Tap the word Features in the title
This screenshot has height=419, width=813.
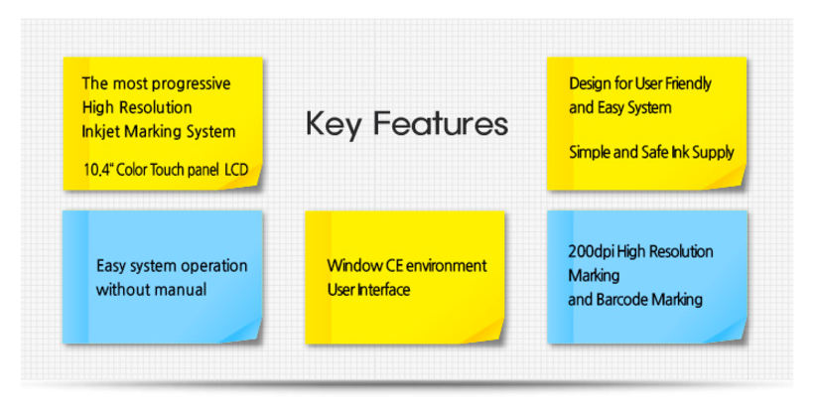(441, 123)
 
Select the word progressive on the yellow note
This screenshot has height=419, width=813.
(192, 84)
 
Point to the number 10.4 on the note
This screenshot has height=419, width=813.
(98, 170)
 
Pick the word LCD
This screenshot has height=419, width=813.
(236, 170)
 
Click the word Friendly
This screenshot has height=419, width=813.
(688, 83)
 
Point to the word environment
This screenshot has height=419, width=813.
(446, 266)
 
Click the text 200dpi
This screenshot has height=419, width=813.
(591, 252)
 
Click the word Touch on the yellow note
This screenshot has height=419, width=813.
(165, 170)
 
